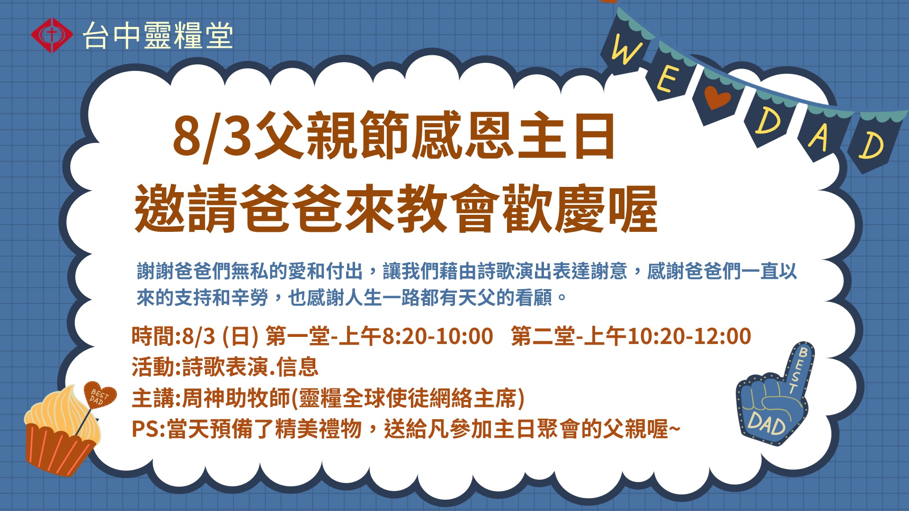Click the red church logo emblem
click(52, 35)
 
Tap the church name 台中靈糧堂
click(158, 35)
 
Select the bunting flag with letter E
click(669, 76)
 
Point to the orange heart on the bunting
click(717, 97)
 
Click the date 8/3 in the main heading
click(212, 136)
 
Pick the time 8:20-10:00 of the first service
click(437, 336)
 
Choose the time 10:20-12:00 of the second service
click(689, 336)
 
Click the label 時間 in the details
click(153, 336)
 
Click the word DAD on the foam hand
click(767, 423)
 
